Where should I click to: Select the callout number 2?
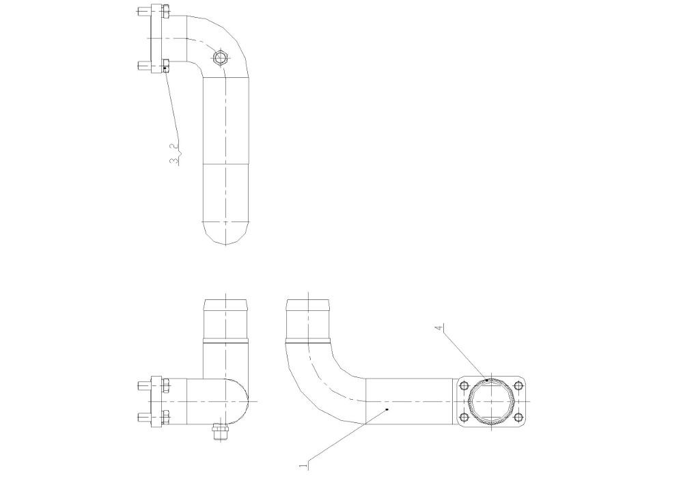[174, 146]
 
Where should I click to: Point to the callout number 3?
[174, 161]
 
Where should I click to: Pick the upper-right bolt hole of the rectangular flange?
[518, 386]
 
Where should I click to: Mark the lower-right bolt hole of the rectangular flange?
[518, 417]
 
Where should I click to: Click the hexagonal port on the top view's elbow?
[221, 57]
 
